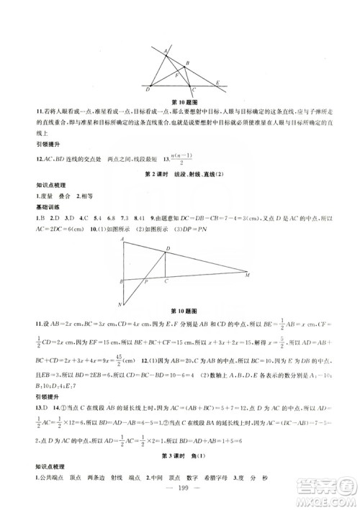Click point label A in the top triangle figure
[166, 49]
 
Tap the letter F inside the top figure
[178, 73]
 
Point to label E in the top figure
[218, 83]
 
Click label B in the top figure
[188, 63]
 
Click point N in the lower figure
[120, 304]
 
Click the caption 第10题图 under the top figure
[180, 102]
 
